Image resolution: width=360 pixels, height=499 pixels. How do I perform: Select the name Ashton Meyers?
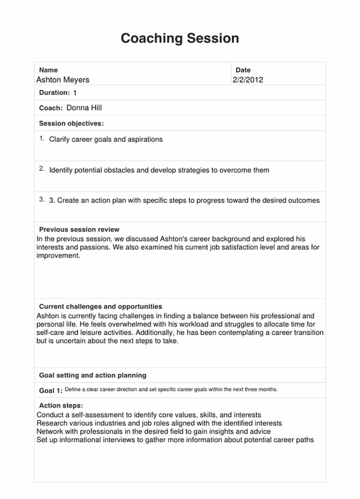pos(63,80)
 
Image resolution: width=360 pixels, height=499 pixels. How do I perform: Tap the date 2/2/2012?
pos(248,80)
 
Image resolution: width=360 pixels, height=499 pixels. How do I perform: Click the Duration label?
pos(54,93)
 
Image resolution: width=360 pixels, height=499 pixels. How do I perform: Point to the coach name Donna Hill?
pos(84,108)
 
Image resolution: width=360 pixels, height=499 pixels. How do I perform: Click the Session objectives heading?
pos(71,123)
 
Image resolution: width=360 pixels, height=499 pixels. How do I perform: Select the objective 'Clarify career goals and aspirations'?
pos(106,139)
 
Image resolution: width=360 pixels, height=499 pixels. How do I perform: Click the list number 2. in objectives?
pos(42,169)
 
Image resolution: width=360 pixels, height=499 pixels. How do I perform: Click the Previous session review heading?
pos(79,230)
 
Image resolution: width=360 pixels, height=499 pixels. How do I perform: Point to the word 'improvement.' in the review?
pos(58,256)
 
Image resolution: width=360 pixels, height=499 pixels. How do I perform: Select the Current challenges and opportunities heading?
pos(100,306)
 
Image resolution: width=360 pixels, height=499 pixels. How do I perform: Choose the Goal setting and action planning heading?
pos(92,375)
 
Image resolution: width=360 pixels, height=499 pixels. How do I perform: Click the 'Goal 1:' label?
pos(51,391)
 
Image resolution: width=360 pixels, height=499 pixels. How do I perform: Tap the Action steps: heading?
pos(61,406)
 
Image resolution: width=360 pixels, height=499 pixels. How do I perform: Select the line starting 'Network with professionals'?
pos(153,432)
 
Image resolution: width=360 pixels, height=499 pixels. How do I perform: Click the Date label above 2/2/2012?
pos(243,70)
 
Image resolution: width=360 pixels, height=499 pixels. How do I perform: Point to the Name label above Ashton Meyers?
pos(48,70)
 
